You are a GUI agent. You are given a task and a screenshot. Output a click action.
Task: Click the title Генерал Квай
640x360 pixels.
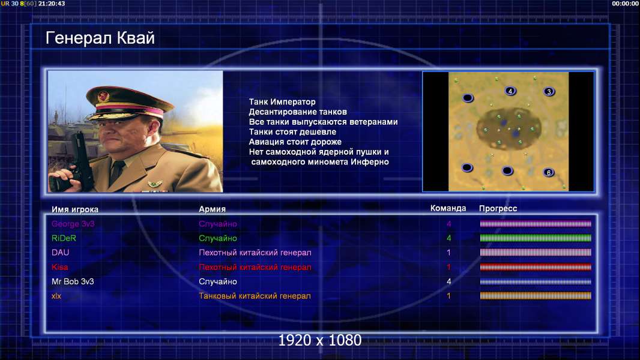(x=100, y=38)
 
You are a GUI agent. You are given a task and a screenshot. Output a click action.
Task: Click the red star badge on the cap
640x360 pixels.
(x=103, y=96)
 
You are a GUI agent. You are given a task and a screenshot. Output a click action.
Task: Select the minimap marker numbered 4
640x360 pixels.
(x=510, y=91)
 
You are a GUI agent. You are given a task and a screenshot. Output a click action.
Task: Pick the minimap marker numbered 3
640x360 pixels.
(x=549, y=91)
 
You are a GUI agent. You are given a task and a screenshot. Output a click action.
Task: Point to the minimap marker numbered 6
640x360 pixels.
(x=549, y=172)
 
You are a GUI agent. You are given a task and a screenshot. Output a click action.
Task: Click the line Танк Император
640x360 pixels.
(x=282, y=102)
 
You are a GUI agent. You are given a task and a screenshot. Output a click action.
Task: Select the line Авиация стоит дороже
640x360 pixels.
(x=295, y=142)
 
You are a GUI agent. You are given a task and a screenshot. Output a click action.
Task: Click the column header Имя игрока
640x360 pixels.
(x=74, y=209)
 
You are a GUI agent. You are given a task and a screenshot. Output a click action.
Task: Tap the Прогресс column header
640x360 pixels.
(x=498, y=208)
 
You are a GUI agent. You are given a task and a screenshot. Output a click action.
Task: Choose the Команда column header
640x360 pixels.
(x=448, y=208)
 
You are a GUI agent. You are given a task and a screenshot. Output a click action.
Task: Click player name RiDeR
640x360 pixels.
(x=64, y=238)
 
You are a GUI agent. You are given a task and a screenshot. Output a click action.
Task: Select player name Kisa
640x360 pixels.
(x=59, y=267)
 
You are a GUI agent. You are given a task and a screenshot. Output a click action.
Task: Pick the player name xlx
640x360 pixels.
(x=56, y=296)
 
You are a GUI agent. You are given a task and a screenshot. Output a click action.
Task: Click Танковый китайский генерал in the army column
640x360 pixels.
(x=255, y=296)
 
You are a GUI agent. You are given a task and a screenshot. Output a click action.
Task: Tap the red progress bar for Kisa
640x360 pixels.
(x=536, y=268)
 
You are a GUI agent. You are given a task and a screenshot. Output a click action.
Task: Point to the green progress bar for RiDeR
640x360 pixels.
(x=536, y=238)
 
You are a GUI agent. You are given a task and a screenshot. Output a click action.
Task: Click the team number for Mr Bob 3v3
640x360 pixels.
(x=448, y=281)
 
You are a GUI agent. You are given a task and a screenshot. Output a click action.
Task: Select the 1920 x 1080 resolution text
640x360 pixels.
(x=320, y=340)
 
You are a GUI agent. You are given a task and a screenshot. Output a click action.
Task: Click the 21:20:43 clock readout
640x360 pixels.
(x=52, y=3)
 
